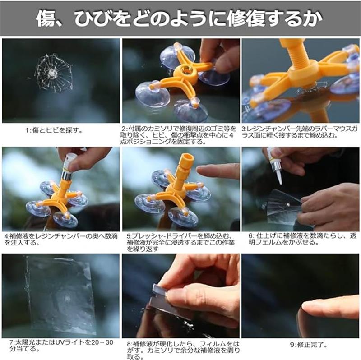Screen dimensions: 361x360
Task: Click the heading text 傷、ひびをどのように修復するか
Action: click(x=179, y=18)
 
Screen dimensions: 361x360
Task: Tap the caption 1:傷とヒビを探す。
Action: click(x=54, y=130)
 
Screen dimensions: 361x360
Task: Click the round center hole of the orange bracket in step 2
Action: click(x=185, y=69)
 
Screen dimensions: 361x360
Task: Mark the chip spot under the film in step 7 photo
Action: click(x=67, y=299)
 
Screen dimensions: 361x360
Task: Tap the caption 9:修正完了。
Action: click(x=309, y=345)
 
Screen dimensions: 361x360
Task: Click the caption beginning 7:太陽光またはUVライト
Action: click(x=61, y=346)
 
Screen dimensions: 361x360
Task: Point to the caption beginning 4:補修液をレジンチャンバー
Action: click(x=61, y=240)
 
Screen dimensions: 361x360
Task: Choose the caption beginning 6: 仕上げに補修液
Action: click(x=302, y=239)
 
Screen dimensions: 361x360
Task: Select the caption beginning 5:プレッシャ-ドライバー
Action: click(x=181, y=243)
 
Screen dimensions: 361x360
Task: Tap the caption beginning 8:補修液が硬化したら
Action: click(x=183, y=351)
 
